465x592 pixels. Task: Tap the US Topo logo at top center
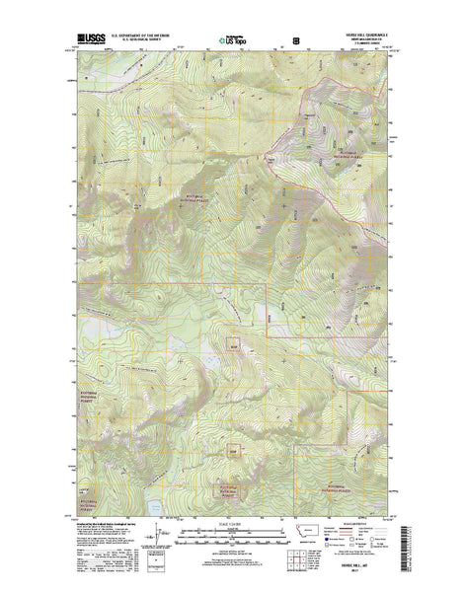pyautogui.click(x=231, y=42)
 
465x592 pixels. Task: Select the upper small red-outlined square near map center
pyautogui.click(x=234, y=345)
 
